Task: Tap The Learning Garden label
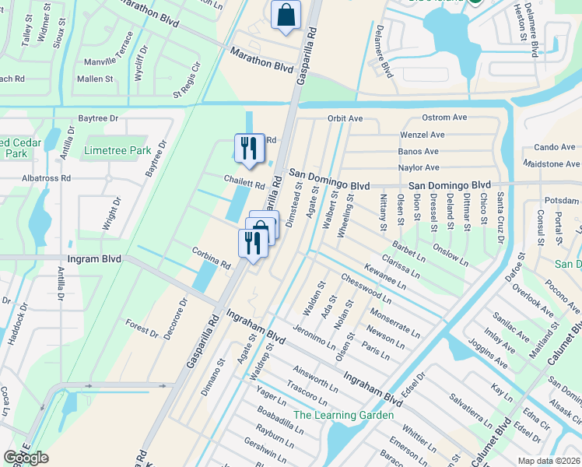pyautogui.click(x=342, y=415)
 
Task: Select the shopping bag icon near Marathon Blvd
pyautogui.click(x=286, y=16)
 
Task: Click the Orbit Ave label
pyautogui.click(x=345, y=118)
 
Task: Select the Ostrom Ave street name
pyautogui.click(x=444, y=118)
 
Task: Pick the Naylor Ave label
pyautogui.click(x=419, y=167)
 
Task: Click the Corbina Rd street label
pyautogui.click(x=212, y=258)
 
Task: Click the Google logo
pyautogui.click(x=26, y=458)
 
